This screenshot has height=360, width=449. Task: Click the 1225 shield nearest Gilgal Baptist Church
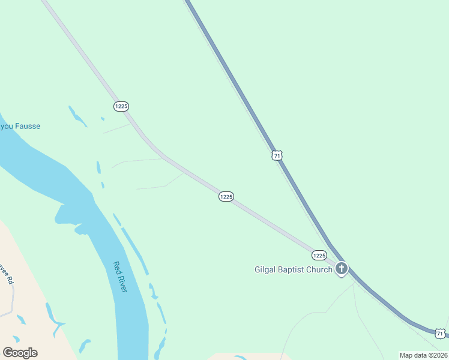click(x=319, y=255)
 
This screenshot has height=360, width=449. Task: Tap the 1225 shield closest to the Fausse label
click(x=121, y=106)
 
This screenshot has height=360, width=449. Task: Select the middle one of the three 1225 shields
click(x=226, y=197)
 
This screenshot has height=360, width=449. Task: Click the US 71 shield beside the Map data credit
click(x=441, y=333)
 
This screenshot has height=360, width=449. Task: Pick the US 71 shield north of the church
click(x=277, y=155)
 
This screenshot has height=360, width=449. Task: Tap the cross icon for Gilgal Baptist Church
click(x=342, y=268)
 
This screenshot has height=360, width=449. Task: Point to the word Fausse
click(x=27, y=127)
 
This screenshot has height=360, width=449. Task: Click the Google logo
click(x=20, y=353)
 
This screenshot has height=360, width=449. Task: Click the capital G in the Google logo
click(x=7, y=352)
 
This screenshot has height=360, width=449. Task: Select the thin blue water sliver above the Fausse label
click(x=77, y=116)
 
